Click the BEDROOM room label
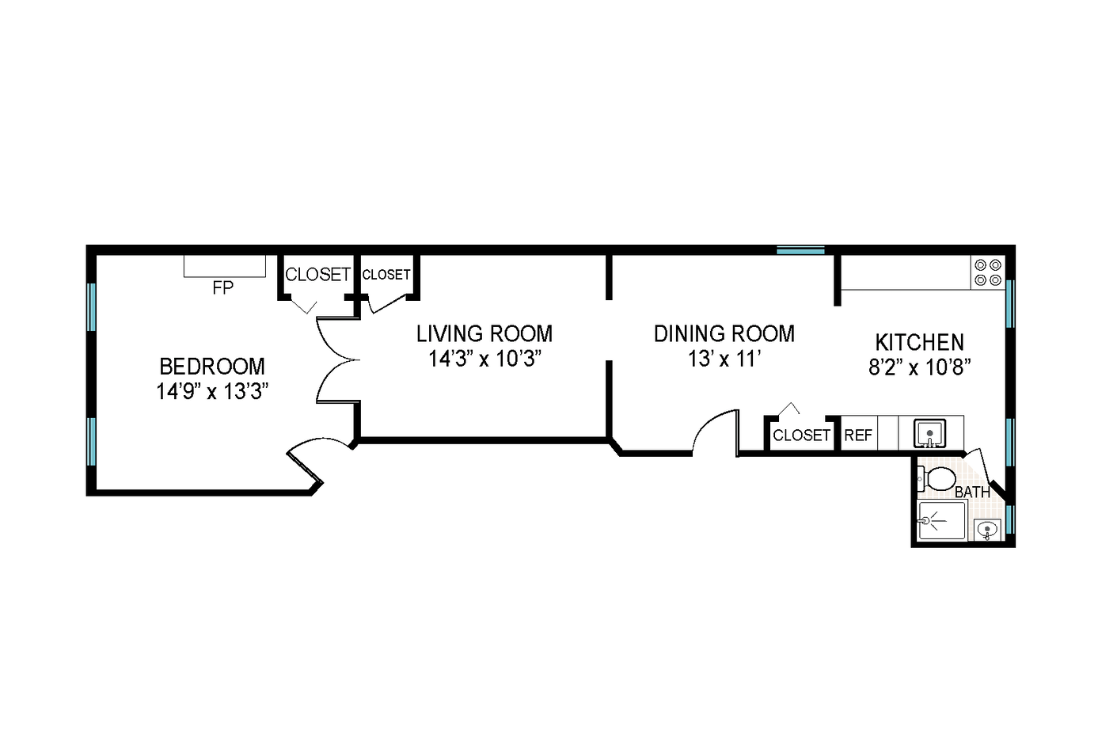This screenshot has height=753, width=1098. tap(212, 367)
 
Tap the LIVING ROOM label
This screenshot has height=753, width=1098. tap(484, 333)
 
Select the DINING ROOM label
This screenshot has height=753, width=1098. tap(724, 333)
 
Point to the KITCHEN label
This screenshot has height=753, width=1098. tap(919, 342)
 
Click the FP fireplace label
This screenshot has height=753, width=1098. tap(223, 288)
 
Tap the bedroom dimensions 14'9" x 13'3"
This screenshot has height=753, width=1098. tap(212, 391)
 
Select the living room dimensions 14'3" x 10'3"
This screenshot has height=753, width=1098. tap(484, 359)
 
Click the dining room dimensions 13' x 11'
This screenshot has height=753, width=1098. tap(724, 359)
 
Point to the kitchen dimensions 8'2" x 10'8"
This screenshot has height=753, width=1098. tap(919, 367)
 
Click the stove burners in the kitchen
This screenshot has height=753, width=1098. tap(987, 272)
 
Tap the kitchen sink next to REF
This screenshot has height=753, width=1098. tap(929, 433)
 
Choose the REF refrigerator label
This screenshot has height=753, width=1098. tap(858, 435)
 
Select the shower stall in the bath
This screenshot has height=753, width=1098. tap(940, 521)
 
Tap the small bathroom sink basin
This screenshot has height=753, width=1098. tap(986, 529)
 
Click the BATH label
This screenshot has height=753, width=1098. tap(972, 492)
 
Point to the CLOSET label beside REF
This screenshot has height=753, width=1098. tap(801, 435)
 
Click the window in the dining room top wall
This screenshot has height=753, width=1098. tap(800, 250)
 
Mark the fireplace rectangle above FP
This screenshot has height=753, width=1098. tap(224, 266)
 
